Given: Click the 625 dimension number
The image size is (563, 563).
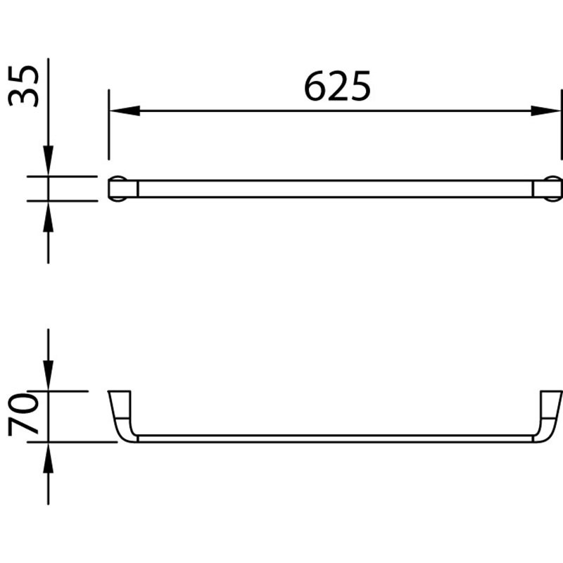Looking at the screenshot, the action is [337, 86].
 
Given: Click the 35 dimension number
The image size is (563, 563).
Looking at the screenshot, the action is [23, 86].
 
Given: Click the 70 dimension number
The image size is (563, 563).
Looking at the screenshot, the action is [23, 415].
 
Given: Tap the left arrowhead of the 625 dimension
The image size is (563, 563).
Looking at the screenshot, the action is [125, 110].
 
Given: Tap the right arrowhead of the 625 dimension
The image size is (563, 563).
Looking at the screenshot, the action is [545, 110].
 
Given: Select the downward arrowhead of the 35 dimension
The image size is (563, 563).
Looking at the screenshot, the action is [48, 160].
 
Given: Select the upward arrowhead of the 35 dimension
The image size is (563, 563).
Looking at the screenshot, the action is [48, 217].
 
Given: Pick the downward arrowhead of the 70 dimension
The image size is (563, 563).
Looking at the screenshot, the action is [48, 375].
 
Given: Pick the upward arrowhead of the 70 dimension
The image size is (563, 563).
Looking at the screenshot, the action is [48, 458].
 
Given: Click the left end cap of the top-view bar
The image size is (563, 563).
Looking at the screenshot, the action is [122, 189].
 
